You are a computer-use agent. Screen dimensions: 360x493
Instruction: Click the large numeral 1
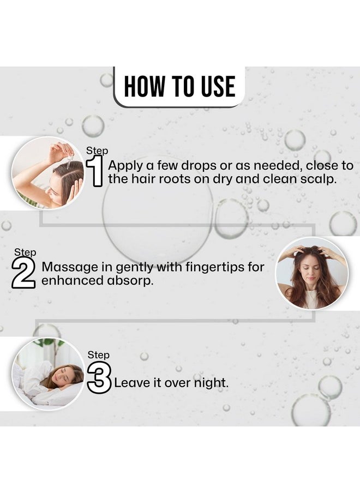tap(94, 171)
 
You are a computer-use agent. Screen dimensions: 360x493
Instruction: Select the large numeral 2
tap(23, 273)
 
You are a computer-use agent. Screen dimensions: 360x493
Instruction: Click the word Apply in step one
tap(124, 166)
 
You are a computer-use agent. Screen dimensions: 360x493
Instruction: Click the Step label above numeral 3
tap(98, 355)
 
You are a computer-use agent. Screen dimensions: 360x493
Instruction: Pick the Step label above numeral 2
tap(25, 252)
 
